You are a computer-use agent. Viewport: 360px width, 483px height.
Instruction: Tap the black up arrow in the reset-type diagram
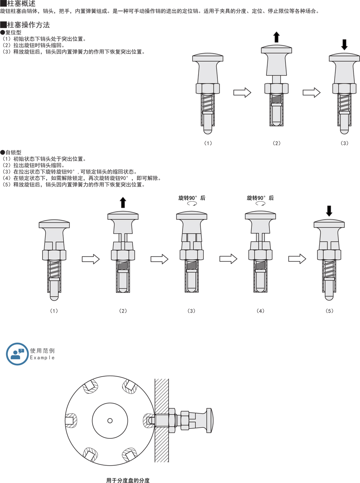pyautogui.click(x=277, y=37)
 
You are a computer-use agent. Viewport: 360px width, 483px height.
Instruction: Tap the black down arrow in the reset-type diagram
pyautogui.click(x=344, y=44)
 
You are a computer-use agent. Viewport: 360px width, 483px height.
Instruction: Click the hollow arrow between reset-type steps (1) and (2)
pyautogui.click(x=242, y=92)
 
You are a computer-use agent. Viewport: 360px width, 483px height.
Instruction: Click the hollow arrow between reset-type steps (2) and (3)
pyautogui.click(x=311, y=92)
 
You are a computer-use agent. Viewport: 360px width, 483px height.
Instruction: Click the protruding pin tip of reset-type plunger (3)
pyautogui.click(x=344, y=130)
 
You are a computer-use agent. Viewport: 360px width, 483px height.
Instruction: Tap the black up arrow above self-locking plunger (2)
pyautogui.click(x=123, y=202)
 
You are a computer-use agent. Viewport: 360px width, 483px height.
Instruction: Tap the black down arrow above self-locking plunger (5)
pyautogui.click(x=329, y=211)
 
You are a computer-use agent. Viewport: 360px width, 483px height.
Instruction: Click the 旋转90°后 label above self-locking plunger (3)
pyautogui.click(x=192, y=198)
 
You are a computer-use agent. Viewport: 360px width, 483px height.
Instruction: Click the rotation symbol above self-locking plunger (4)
pyautogui.click(x=260, y=204)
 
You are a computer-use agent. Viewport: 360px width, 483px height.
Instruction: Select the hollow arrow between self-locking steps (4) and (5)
pyautogui.click(x=297, y=259)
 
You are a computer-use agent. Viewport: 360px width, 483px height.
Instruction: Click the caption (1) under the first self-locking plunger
pyautogui.click(x=54, y=311)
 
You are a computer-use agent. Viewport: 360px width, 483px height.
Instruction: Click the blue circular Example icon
pyautogui.click(x=17, y=354)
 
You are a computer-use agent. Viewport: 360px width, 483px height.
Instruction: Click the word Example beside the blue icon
pyautogui.click(x=42, y=358)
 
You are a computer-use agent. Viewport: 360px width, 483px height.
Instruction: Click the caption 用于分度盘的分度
pyautogui.click(x=128, y=480)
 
